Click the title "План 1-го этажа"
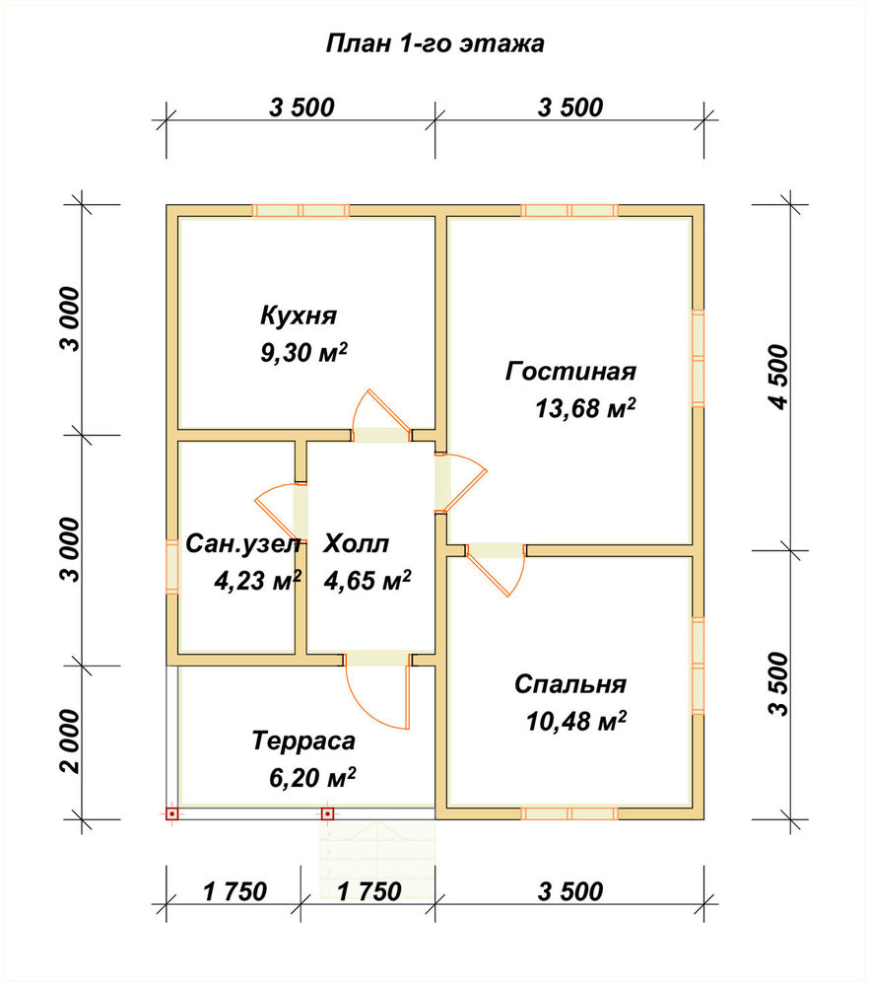point(434,44)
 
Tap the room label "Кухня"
point(300,316)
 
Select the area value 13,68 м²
point(585,408)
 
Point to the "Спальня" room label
point(570,684)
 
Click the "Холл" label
point(357,543)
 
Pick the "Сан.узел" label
point(243,544)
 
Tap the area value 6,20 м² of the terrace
point(312,778)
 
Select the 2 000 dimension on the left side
point(70,742)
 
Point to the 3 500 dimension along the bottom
point(570,891)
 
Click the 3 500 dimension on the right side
point(777,684)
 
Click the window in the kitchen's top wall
point(301,211)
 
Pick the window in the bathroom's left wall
point(172,567)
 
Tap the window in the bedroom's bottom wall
point(569,813)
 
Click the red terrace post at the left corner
point(172,813)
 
